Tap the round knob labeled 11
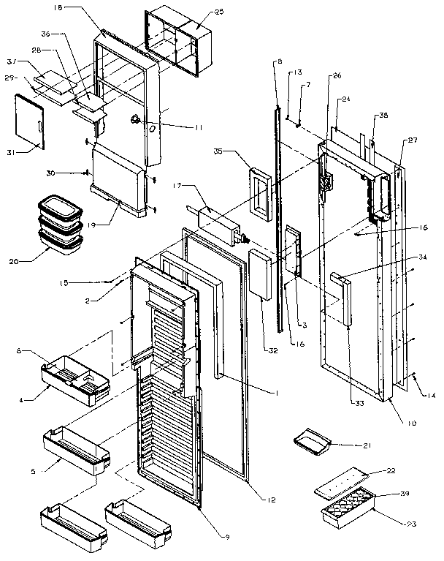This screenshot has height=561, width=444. pyautogui.click(x=136, y=120)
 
